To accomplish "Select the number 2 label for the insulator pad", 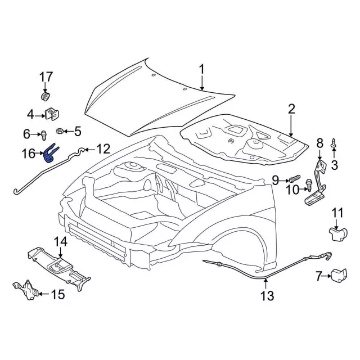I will point(291,109).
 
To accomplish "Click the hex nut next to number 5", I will point(60,132).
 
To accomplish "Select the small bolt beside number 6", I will point(41,134).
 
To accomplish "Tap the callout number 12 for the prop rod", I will point(102,149).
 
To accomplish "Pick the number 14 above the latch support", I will point(60,242).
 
